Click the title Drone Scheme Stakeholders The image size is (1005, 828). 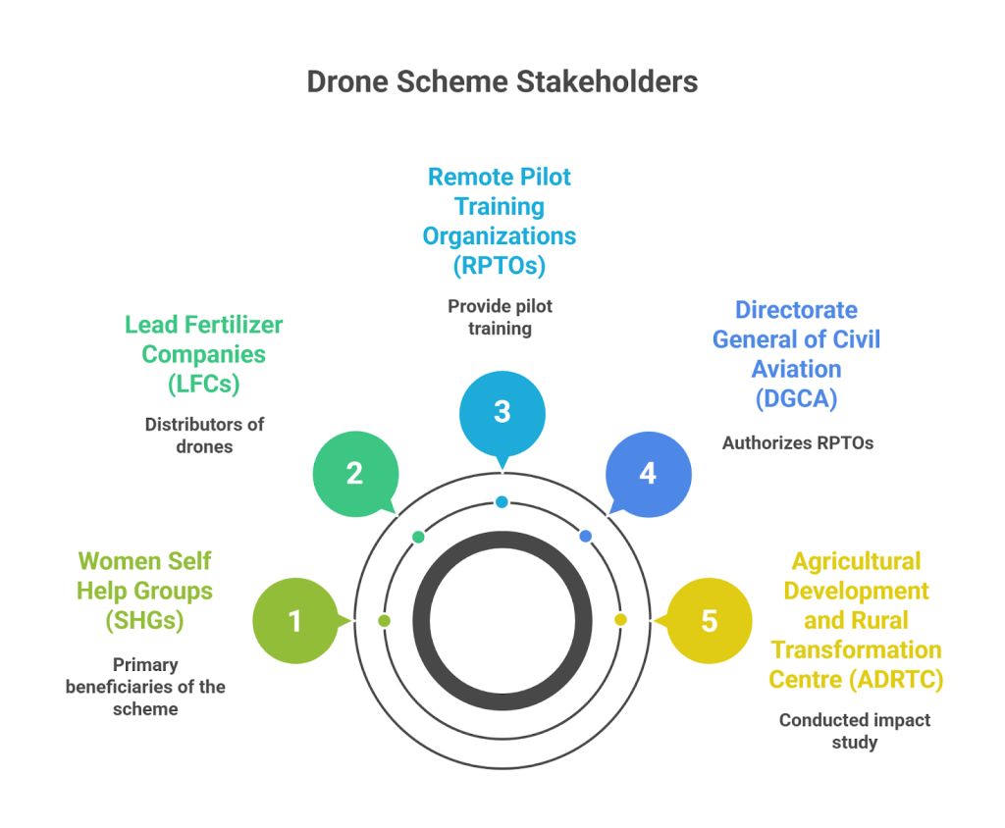502,81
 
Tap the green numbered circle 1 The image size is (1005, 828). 294,621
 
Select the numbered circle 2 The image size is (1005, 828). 354,474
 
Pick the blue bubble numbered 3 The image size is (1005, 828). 502,411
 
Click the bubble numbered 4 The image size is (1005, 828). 648,474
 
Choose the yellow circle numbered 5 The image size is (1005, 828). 709,621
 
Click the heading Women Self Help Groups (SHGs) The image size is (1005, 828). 145,591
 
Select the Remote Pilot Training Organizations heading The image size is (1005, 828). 500,221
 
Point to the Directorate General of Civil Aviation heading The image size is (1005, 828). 796,353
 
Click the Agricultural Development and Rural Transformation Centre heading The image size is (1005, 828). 855,620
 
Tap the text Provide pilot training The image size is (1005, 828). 500,317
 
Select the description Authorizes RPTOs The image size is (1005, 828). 797,442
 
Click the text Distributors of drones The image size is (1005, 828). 204,436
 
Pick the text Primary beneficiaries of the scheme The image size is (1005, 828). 145,686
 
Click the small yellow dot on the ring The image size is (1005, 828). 620,620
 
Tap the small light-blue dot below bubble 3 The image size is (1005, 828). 502,502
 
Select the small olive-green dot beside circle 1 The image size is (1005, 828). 384,621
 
